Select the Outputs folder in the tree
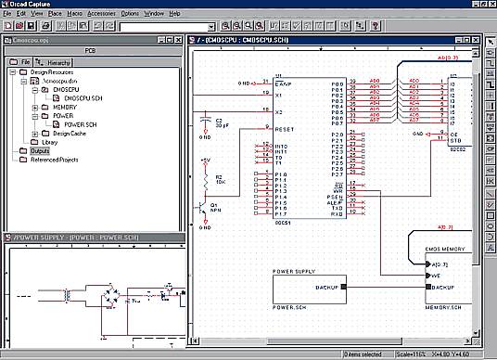tap(39, 150)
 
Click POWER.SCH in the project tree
tap(84, 123)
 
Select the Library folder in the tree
tap(43, 142)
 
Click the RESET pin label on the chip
tap(285, 130)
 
